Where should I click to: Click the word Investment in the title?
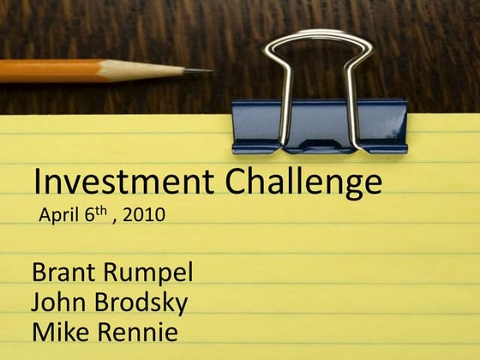(x=125, y=183)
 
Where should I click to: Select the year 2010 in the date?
(x=144, y=214)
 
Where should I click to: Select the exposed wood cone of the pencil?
(x=167, y=70)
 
